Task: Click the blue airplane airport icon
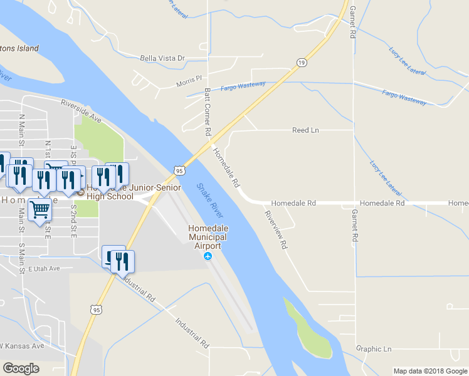[208, 256]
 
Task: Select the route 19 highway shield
[302, 62]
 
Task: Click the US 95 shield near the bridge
[179, 170]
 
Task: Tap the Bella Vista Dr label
[162, 58]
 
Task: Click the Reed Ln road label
[305, 130]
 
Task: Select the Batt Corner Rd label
[207, 112]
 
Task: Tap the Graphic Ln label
[373, 349]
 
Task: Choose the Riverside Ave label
[81, 110]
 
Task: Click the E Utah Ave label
[44, 268]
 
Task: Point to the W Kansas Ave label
[21, 346]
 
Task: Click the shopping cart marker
[40, 209]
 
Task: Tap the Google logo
[21, 368]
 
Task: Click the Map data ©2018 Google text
[429, 371]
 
